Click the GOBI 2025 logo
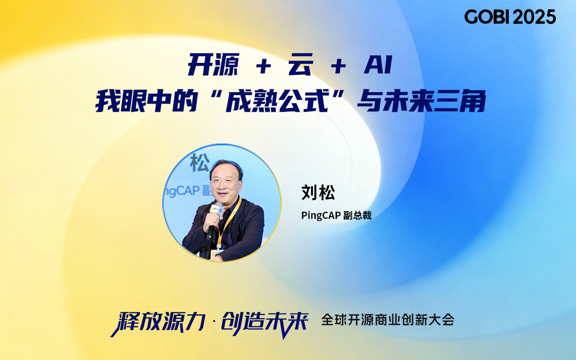pos(510,17)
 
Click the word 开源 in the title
pos(214,64)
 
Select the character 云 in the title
pos(301,64)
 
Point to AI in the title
pos(378,65)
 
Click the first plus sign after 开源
pos(264,66)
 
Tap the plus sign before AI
pos(338,66)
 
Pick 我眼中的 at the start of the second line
pos(146,101)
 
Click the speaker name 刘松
pos(318,192)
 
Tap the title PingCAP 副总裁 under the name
pos(336,215)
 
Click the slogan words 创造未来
pos(265,323)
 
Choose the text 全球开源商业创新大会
pos(388,320)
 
